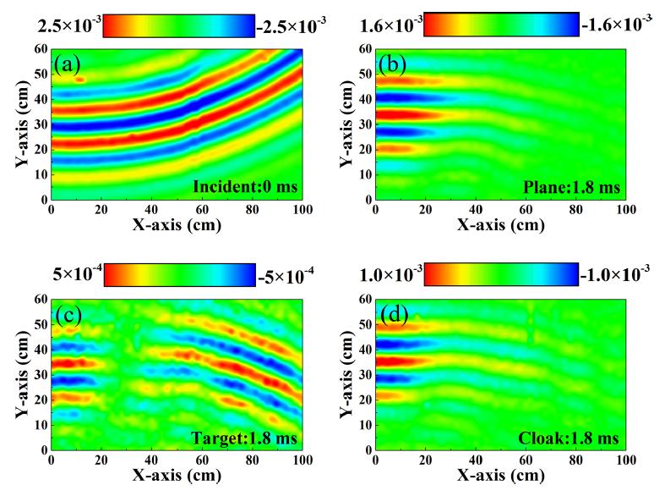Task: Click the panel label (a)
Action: click(x=68, y=63)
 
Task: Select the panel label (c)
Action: click(x=68, y=315)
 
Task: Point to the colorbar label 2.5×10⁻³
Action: click(x=67, y=25)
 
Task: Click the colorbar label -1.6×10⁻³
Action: click(x=616, y=25)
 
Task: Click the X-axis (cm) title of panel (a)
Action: click(x=177, y=226)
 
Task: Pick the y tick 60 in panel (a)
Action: click(x=41, y=49)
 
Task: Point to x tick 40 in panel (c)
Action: click(x=153, y=462)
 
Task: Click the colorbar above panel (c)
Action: click(x=177, y=275)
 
